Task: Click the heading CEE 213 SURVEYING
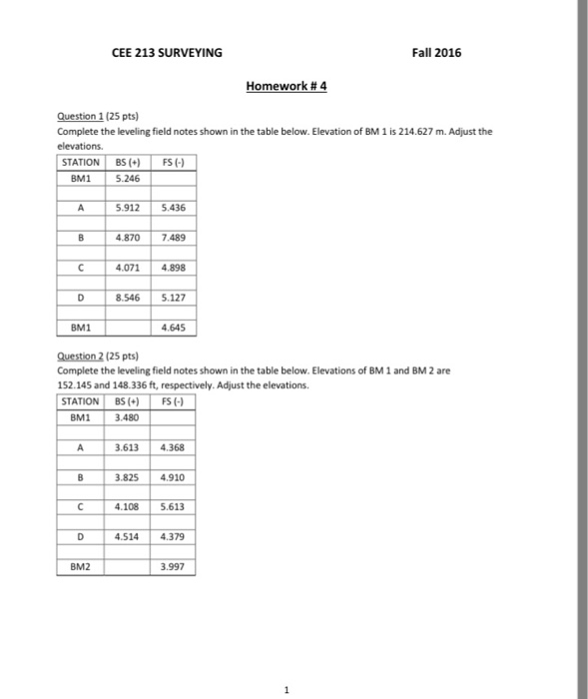167,52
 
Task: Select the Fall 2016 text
436,52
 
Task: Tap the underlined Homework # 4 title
287,86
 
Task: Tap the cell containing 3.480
125,418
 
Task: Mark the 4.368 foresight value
169,449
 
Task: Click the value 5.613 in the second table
169,508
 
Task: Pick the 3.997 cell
169,567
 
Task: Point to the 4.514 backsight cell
125,537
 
